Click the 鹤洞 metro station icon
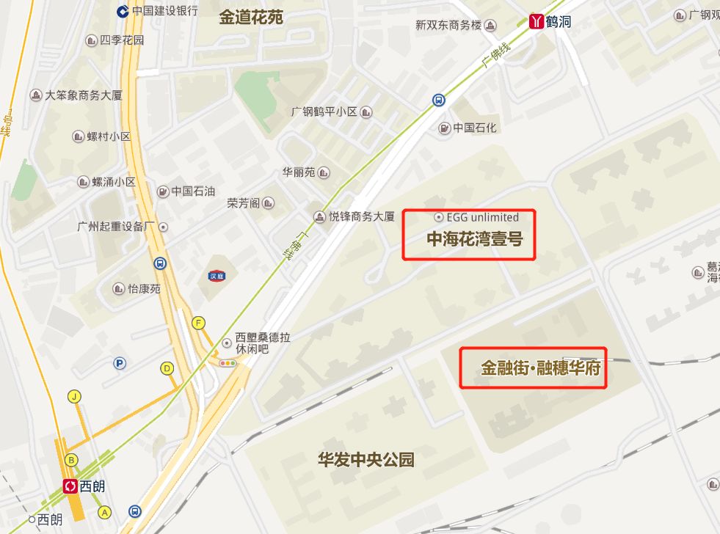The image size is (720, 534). pos(537,21)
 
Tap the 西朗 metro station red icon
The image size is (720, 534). pos(71,486)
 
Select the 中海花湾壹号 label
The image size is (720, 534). pos(475,238)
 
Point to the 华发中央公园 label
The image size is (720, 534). pos(366,460)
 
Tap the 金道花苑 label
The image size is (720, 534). pos(251,18)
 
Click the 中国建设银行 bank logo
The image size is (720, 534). pos(123,10)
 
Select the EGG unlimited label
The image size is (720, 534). pos(482,217)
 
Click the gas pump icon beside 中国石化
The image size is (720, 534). pos(444,128)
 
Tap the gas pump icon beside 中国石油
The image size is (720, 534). pos(163,191)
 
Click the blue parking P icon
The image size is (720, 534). pos(120,362)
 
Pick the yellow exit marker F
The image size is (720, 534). pos(198,323)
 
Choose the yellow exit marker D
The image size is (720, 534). pos(167,368)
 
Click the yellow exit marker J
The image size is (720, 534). pos(73,397)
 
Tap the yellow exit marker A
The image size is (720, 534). pos(104,512)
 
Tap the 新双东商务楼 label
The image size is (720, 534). pos(448,25)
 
